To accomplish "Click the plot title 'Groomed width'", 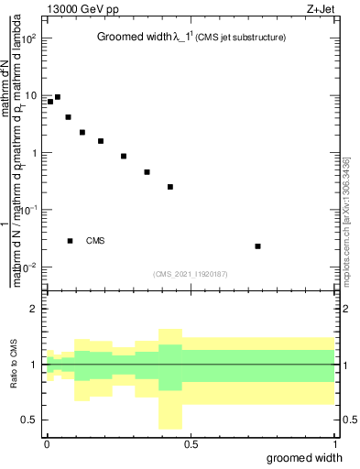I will [x=134, y=38].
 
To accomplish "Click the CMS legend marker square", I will [x=70, y=241].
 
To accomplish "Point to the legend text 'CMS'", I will [x=95, y=241].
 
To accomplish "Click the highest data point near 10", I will [x=58, y=97].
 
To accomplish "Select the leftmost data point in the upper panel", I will [x=50, y=102].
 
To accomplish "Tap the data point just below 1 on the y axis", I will [x=124, y=157].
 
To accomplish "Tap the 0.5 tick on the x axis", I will [x=191, y=443].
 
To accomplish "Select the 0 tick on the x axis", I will [x=47, y=443].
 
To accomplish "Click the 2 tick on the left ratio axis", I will [x=34, y=309].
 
